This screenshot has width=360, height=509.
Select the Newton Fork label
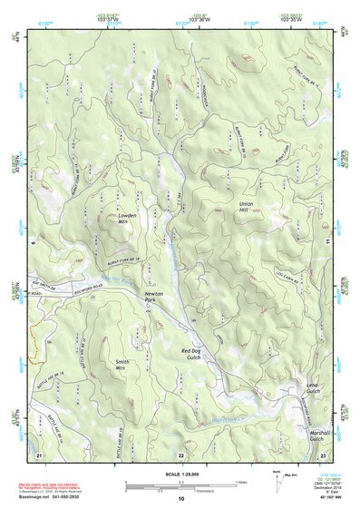pyautogui.click(x=154, y=299)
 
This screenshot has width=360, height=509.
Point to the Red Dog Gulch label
pyautogui.click(x=196, y=354)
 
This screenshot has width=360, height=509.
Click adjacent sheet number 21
pyautogui.click(x=39, y=453)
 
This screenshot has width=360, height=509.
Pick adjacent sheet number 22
pyautogui.click(x=181, y=453)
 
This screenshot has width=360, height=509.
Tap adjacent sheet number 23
pyautogui.click(x=323, y=453)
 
